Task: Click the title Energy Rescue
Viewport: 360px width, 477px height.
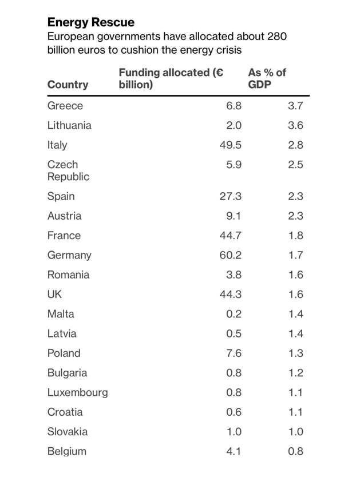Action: coord(91,22)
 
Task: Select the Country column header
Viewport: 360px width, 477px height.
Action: coord(68,85)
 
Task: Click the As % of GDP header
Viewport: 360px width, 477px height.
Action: coord(267,78)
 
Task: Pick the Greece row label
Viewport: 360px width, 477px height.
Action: coord(65,106)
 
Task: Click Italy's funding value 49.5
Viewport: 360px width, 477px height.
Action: coord(231,145)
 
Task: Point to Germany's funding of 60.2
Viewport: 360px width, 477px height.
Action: coord(231,255)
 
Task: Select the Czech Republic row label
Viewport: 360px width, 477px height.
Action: coord(68,170)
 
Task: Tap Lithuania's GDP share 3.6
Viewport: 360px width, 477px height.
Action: coord(295,125)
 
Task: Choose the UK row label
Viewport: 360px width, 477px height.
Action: coord(54,294)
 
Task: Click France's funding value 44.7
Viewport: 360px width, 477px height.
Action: coord(231,235)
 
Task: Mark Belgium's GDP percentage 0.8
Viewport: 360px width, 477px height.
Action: coord(295,451)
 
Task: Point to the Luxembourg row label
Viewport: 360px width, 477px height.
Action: coord(77,392)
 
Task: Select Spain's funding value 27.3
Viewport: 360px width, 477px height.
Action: coord(231,196)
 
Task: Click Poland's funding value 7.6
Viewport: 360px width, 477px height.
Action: coord(234,353)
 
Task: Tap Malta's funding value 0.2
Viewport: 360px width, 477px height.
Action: coord(234,314)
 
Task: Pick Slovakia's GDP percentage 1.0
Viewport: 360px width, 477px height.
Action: coord(295,432)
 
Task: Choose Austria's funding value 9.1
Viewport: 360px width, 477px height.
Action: coord(234,216)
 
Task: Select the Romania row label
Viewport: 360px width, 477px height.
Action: coord(68,275)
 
